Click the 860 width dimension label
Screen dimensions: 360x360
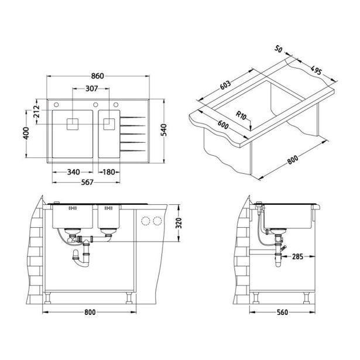pos(97,76)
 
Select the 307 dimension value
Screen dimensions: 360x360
pos(91,88)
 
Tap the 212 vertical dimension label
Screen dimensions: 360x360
pos(36,111)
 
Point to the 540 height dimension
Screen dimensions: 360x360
pos(163,130)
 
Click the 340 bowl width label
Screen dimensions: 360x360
pos(74,172)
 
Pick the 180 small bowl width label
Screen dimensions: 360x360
pos(109,172)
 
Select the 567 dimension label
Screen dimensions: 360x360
pos(87,182)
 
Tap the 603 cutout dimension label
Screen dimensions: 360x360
pos(225,85)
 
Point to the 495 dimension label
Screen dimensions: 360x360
pos(316,70)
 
